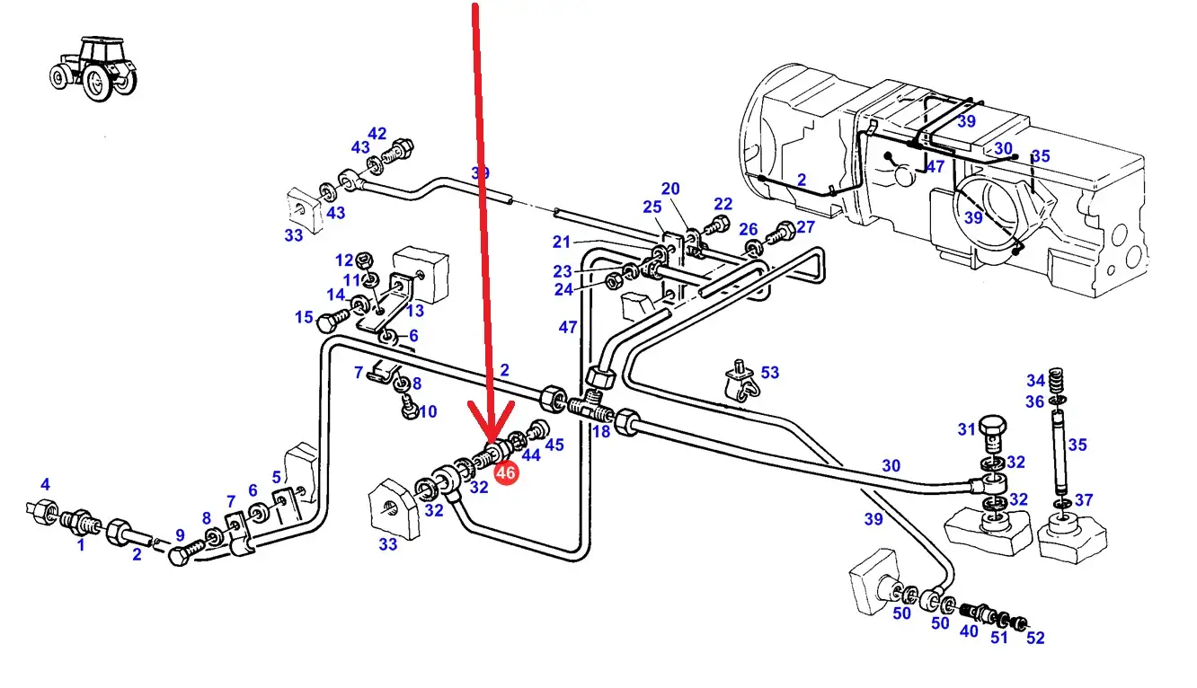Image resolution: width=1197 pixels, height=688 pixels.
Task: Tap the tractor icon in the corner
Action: point(93,67)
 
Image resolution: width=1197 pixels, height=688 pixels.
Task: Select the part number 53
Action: point(770,373)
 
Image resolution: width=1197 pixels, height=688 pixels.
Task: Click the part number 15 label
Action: point(304,317)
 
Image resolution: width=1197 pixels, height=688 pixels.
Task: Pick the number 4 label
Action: point(45,486)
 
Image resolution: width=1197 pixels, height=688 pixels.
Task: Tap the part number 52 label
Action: point(1035,638)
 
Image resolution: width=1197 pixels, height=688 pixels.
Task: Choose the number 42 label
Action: point(377,135)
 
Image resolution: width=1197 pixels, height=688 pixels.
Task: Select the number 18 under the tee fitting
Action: point(601,432)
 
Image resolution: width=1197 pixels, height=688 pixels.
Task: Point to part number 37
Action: point(1084,500)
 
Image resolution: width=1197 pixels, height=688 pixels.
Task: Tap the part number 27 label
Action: point(805,227)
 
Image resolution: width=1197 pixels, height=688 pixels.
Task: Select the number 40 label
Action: point(968,631)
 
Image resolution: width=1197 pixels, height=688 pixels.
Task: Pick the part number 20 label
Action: point(670,189)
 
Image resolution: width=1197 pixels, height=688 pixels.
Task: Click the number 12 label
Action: point(345,260)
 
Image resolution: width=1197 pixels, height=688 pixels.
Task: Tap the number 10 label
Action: point(428,411)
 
